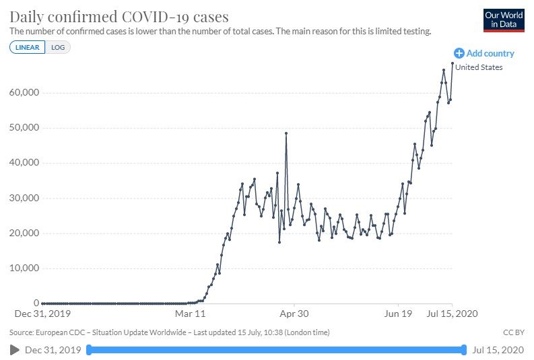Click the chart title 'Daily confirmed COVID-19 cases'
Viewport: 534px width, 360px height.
point(119,17)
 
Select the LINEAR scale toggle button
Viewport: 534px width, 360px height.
point(27,47)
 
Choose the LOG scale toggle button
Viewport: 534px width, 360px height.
point(58,47)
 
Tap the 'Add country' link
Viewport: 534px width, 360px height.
point(484,53)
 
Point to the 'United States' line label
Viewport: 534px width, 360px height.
point(479,67)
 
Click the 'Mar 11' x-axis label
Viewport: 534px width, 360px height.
point(189,314)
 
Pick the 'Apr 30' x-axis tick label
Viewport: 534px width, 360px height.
point(294,314)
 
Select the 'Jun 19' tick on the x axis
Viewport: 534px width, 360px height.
point(398,314)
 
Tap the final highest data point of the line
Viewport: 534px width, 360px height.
point(452,63)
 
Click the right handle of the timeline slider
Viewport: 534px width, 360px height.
point(464,349)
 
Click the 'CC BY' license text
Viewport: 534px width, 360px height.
point(513,332)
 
